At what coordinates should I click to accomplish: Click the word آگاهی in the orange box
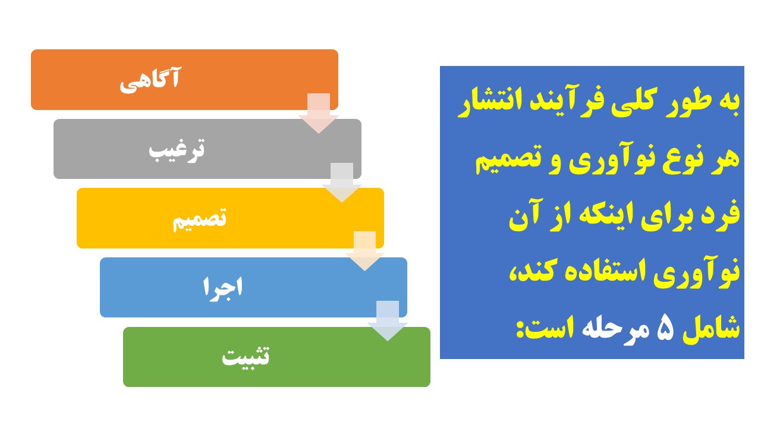(150, 80)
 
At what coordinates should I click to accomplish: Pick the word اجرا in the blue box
(223, 288)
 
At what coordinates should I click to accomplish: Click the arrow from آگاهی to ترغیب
(319, 113)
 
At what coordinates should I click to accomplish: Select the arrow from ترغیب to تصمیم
(342, 182)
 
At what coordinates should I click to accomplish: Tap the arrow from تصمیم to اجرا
(365, 251)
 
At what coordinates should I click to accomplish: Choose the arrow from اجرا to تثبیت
(388, 320)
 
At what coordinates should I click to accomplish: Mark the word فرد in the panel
(722, 214)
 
